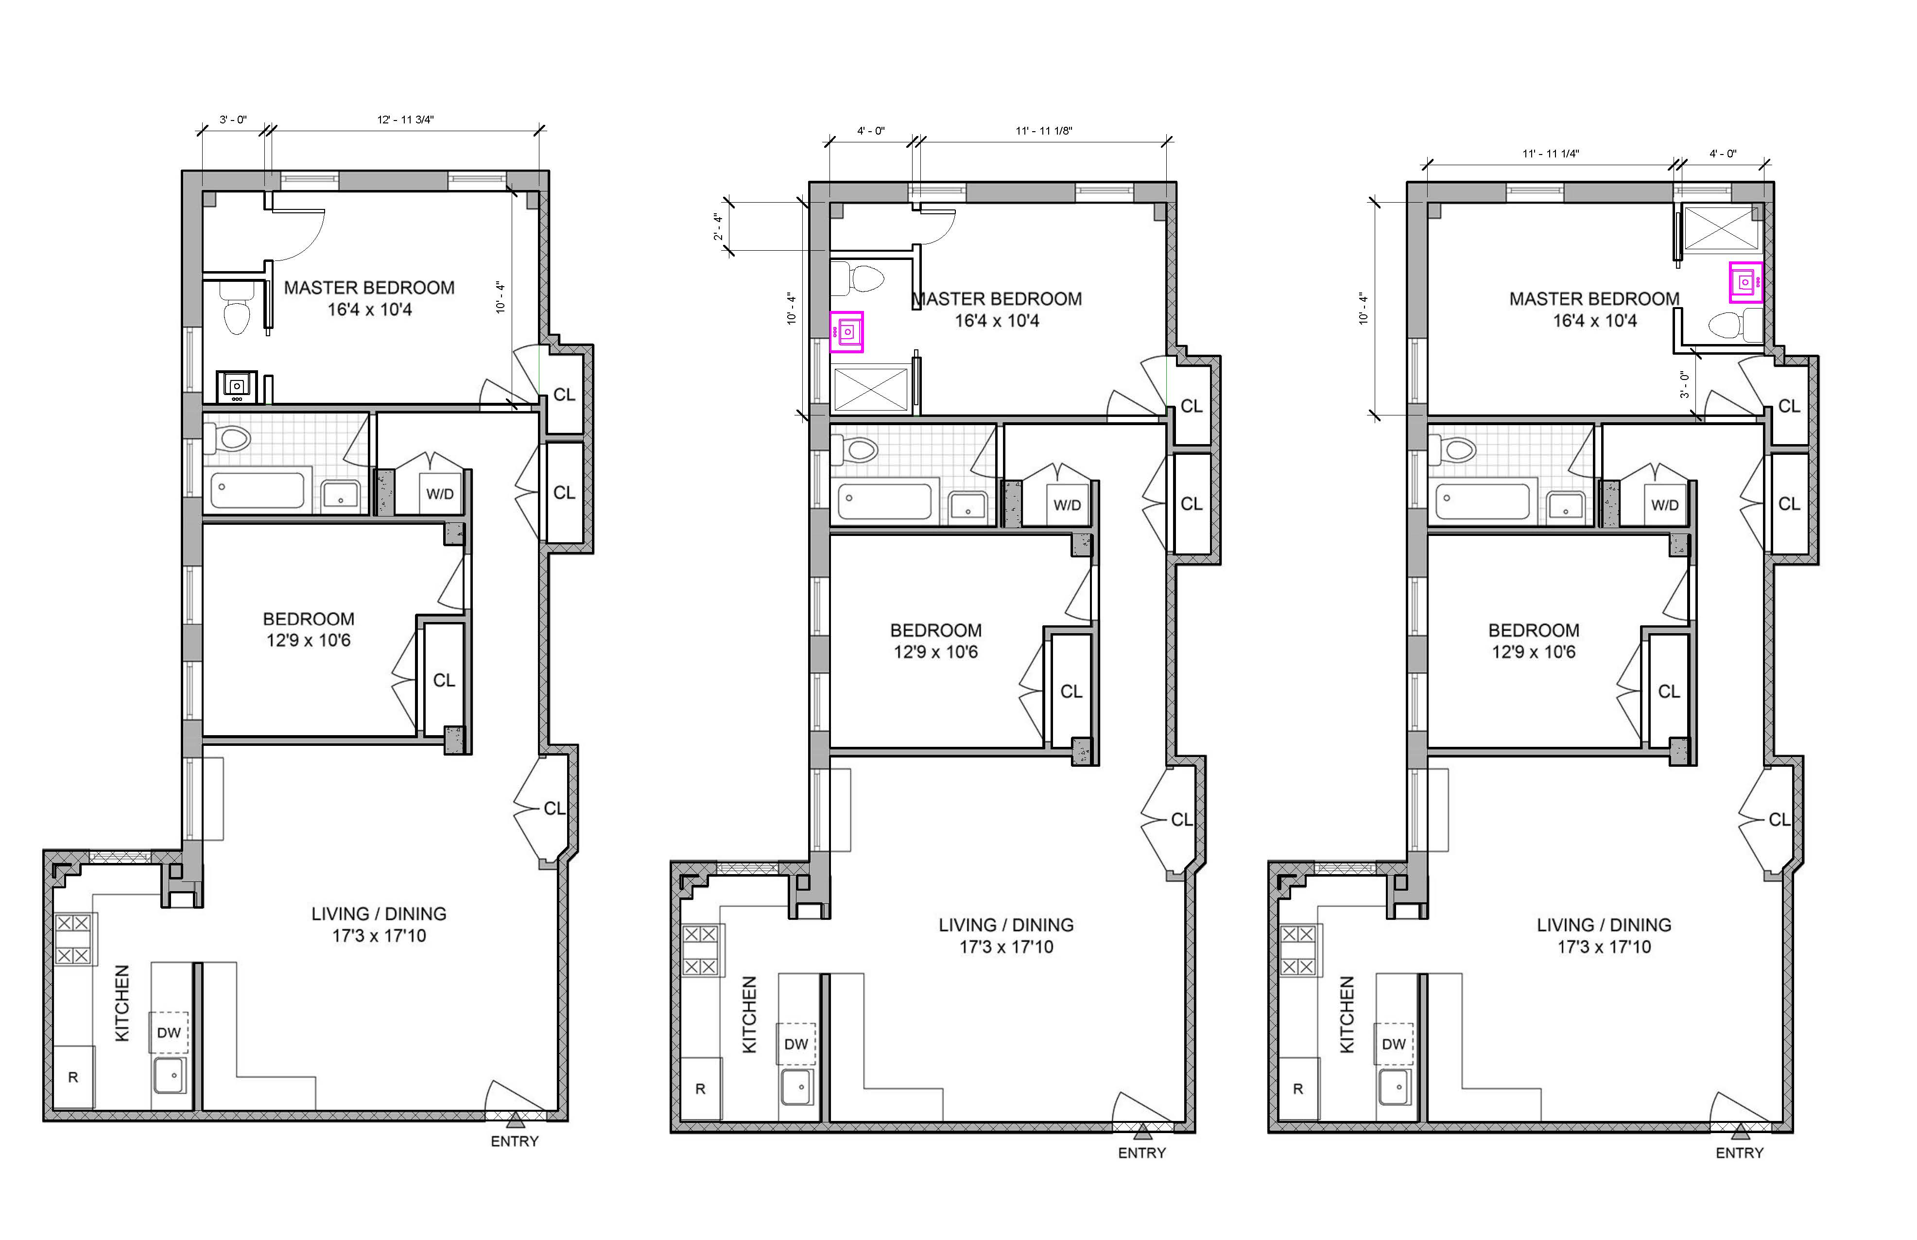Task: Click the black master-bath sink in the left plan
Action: (237, 386)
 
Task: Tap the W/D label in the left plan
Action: (440, 494)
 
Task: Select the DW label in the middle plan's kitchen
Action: (795, 1044)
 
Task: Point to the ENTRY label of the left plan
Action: (515, 1141)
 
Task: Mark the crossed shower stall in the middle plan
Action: (869, 390)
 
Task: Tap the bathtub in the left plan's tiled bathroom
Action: (258, 490)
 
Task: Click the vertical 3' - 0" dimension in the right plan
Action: (1684, 385)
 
